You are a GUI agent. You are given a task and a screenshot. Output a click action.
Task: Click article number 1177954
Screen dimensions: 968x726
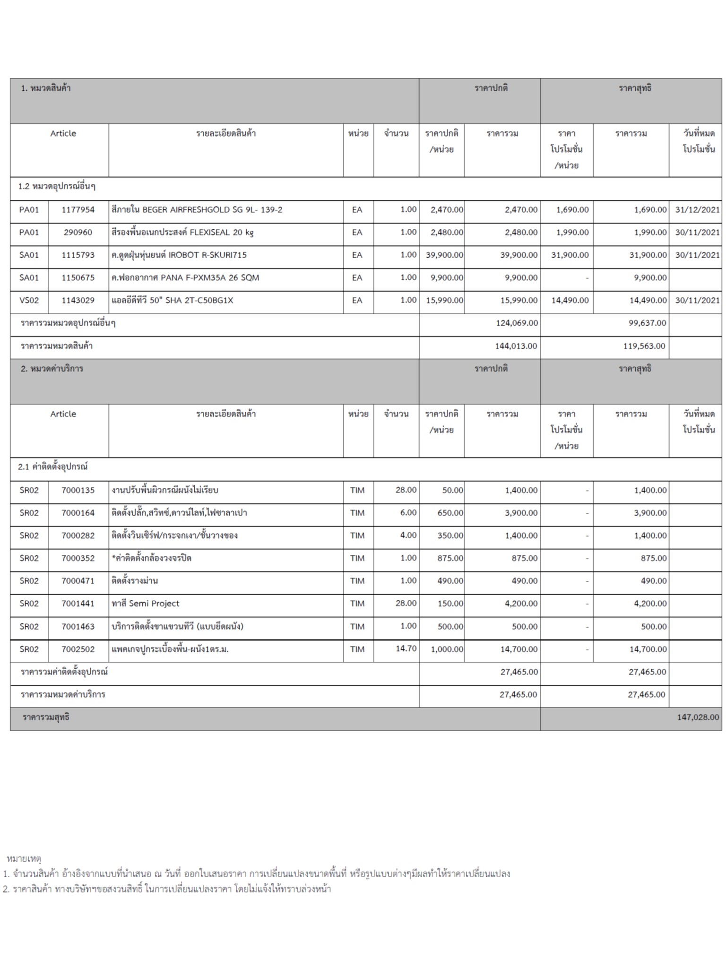pos(78,210)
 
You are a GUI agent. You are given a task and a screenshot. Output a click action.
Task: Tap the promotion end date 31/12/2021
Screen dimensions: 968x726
pos(697,210)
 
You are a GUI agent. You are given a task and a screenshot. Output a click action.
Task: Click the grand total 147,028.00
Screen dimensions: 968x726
pos(698,717)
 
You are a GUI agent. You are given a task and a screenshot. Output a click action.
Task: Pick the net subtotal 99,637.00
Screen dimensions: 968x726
pos(647,323)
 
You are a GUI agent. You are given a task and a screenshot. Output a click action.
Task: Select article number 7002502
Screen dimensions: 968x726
pos(78,649)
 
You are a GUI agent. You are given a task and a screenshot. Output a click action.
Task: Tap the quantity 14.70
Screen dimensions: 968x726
pos(406,649)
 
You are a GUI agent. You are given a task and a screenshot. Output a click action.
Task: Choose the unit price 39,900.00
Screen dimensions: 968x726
pos(444,255)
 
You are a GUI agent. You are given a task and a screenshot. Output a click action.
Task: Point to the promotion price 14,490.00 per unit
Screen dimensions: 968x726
pos(570,301)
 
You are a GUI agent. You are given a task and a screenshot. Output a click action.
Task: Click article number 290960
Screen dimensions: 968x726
pos(78,233)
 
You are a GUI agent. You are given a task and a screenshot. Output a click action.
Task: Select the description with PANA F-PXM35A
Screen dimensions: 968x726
pos(185,278)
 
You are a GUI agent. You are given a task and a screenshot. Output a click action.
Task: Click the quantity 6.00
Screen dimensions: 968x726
pos(408,513)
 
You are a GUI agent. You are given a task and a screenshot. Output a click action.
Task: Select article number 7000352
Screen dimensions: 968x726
pos(78,559)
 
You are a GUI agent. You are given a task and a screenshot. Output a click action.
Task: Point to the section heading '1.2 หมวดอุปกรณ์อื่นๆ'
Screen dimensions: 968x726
pos(57,187)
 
